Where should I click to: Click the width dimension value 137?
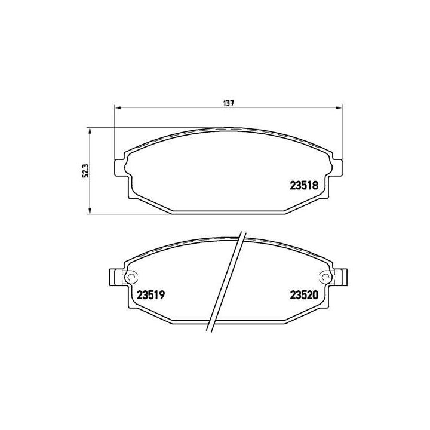click(228, 103)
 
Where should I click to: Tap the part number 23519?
click(150, 294)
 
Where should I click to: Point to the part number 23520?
click(304, 294)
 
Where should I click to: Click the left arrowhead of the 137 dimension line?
click(117, 108)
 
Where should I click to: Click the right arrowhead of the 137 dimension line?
click(340, 108)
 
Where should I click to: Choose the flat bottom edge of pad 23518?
click(227, 212)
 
